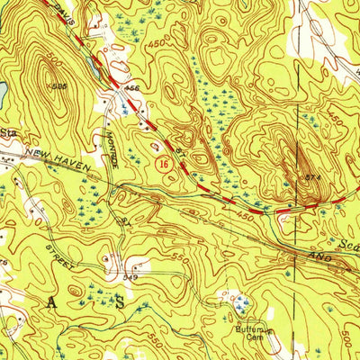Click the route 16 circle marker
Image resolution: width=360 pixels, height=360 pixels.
tap(163, 165)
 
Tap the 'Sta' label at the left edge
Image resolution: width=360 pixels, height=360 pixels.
tap(9, 132)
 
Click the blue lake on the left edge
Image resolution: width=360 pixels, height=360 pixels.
tap(3, 90)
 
